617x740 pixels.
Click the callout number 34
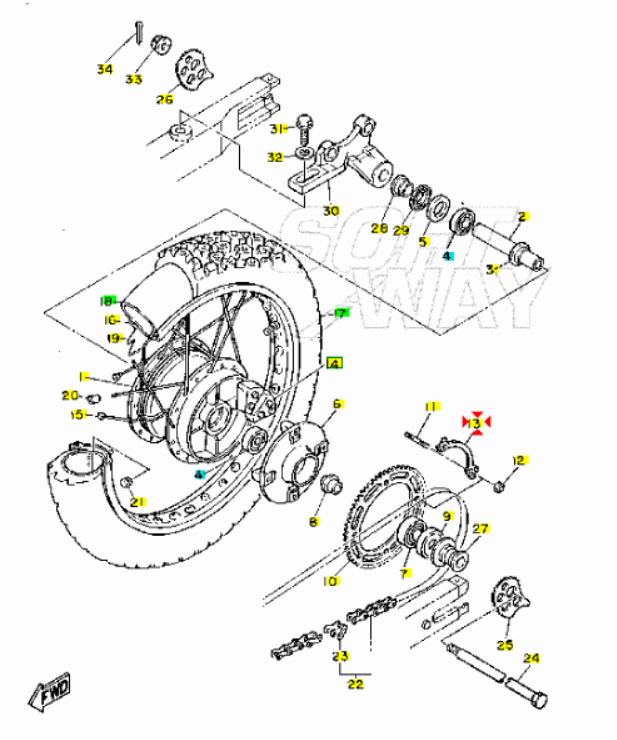105,69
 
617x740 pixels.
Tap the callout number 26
165,99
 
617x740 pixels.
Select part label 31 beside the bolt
278,127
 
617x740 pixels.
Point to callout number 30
331,210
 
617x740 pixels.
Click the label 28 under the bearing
379,228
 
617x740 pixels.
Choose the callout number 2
521,216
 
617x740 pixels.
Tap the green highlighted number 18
108,300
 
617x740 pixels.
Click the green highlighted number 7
340,313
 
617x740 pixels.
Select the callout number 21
138,501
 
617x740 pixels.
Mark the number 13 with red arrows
476,424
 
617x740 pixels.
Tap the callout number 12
519,460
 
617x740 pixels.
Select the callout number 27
481,529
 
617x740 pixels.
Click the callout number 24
531,658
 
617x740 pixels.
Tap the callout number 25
505,645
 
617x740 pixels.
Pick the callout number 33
134,79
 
